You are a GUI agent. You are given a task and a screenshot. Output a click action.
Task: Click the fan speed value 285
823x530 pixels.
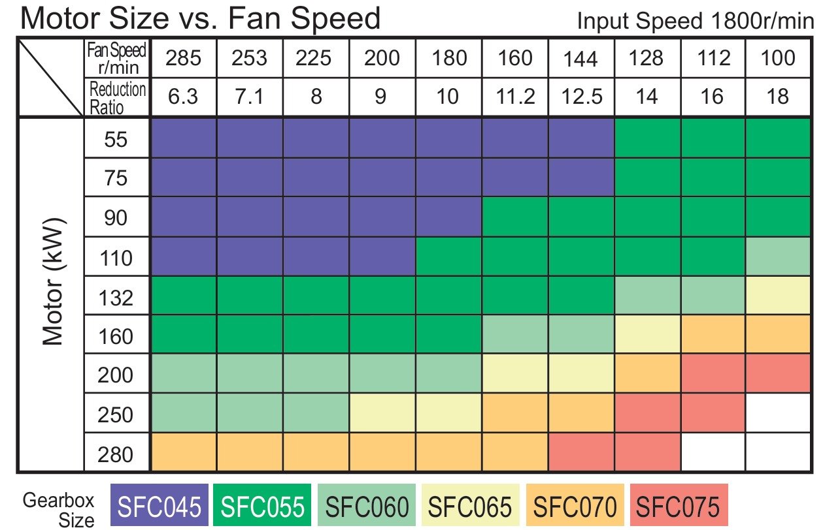pos(183,58)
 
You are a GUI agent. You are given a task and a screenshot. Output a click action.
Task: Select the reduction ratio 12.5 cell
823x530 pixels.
pos(580,97)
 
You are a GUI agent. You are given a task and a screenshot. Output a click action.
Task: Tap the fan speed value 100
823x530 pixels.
pos(778,58)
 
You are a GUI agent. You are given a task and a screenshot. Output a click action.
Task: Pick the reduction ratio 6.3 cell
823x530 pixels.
pos(183,97)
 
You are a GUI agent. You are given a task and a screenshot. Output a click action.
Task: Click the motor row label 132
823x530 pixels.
pos(116,298)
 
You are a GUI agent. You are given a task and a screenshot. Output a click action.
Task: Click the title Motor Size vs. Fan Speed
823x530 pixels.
pos(200,18)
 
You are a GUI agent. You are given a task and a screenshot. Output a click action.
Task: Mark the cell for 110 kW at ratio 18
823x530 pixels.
pos(778,257)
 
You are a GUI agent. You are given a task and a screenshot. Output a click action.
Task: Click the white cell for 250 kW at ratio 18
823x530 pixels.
pos(778,414)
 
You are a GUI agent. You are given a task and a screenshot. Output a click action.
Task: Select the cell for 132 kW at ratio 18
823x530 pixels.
pos(778,296)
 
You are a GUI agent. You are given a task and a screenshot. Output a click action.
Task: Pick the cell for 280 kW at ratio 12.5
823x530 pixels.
pos(580,452)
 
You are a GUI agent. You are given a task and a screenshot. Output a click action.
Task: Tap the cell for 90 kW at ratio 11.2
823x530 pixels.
pos(515,218)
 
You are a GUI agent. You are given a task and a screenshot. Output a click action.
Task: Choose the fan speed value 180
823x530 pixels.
pos(449,58)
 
